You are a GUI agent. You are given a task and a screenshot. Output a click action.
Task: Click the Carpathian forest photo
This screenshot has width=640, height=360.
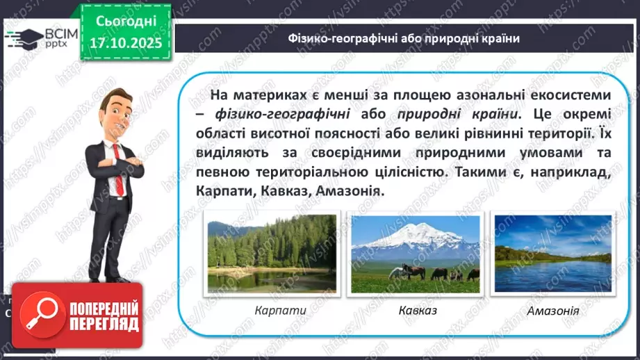[272, 253]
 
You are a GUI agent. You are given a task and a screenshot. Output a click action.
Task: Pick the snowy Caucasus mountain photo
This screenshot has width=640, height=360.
[415, 253]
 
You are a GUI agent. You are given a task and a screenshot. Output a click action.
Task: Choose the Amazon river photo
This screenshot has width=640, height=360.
[552, 253]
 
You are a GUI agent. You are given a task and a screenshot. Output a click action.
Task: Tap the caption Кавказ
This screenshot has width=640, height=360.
[418, 310]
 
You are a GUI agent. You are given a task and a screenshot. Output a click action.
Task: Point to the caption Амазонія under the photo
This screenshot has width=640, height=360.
[553, 310]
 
